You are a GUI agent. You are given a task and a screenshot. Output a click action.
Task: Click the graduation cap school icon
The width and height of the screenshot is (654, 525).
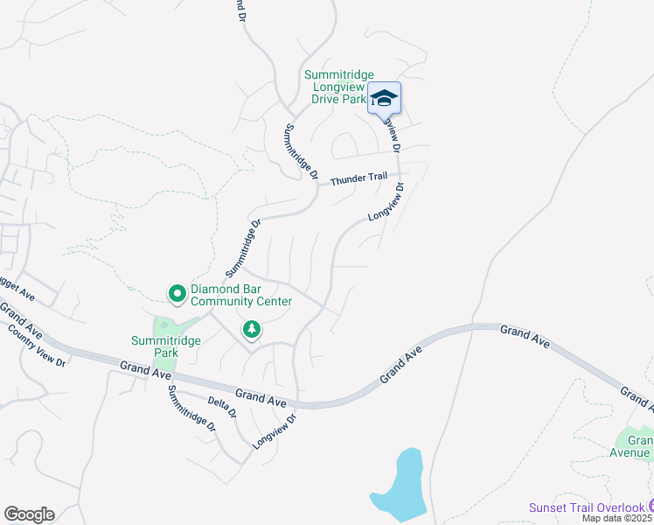point(383,98)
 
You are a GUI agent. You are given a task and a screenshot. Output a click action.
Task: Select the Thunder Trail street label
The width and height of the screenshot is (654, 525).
point(358,178)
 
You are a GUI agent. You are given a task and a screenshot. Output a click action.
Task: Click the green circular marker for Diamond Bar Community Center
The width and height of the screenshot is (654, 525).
point(177,293)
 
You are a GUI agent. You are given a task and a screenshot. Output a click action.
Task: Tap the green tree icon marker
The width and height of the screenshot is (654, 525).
point(252,329)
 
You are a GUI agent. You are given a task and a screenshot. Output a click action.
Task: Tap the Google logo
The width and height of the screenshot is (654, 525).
point(29,514)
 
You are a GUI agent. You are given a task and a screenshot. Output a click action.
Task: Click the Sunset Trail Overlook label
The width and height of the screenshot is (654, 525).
point(587,507)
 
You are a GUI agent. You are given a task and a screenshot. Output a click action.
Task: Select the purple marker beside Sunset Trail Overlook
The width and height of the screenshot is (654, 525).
point(651,506)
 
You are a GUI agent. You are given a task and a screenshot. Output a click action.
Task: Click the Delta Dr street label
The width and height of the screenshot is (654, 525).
point(223,407)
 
